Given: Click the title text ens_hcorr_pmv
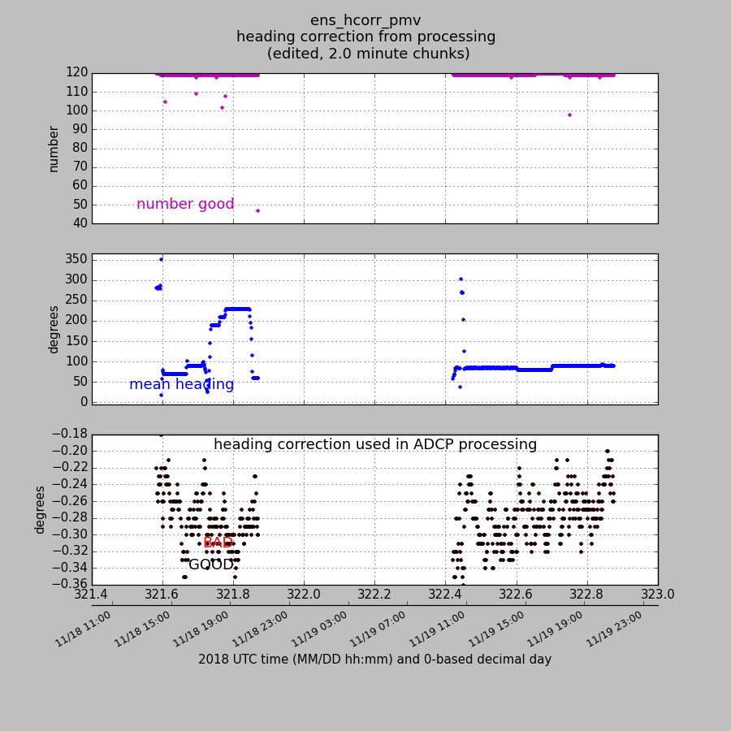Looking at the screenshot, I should pos(365,20).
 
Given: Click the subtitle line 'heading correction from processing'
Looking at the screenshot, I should pos(365,37).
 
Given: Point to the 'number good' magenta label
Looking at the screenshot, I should pos(185,205).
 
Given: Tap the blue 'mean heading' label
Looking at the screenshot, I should pos(181,385).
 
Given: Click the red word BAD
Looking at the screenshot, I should pos(218,543).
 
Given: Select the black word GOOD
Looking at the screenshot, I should pos(211,564).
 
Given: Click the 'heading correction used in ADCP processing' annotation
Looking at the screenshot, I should pos(375,445).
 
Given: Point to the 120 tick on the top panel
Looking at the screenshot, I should pos(76,73).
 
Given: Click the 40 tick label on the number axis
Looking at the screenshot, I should pos(80,223).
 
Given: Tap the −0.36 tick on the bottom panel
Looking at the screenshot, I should pos(63,585).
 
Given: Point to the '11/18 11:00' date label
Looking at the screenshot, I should pos(84,629).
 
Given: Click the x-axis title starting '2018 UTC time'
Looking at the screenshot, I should pos(374,660).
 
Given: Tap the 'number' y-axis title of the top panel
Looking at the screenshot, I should pos(54,149).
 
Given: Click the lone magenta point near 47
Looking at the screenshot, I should pos(257,210).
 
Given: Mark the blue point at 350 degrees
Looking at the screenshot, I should pos(161,259).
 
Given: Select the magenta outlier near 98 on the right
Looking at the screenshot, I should pos(569,115).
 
